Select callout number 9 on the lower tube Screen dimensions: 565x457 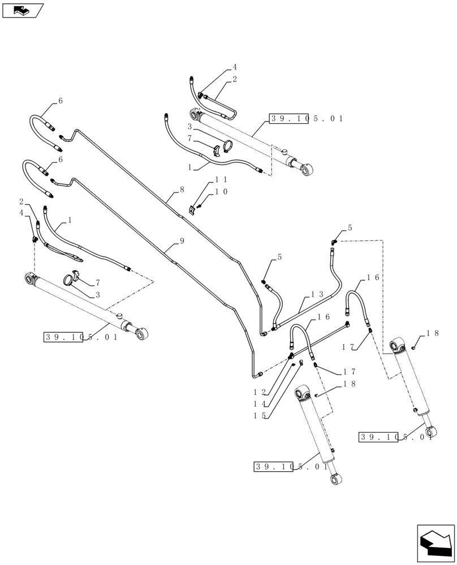click(x=182, y=241)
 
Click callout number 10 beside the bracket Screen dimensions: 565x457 click(x=221, y=192)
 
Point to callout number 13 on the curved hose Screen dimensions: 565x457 click(x=317, y=294)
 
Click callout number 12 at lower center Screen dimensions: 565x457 click(x=260, y=392)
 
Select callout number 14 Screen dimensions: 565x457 click(x=260, y=404)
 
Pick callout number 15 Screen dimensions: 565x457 click(x=260, y=416)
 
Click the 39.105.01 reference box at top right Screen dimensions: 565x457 click(x=307, y=119)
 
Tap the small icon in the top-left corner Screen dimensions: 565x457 click(x=23, y=10)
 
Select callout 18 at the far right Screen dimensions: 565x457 click(x=433, y=334)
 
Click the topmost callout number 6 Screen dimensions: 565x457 click(x=61, y=101)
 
